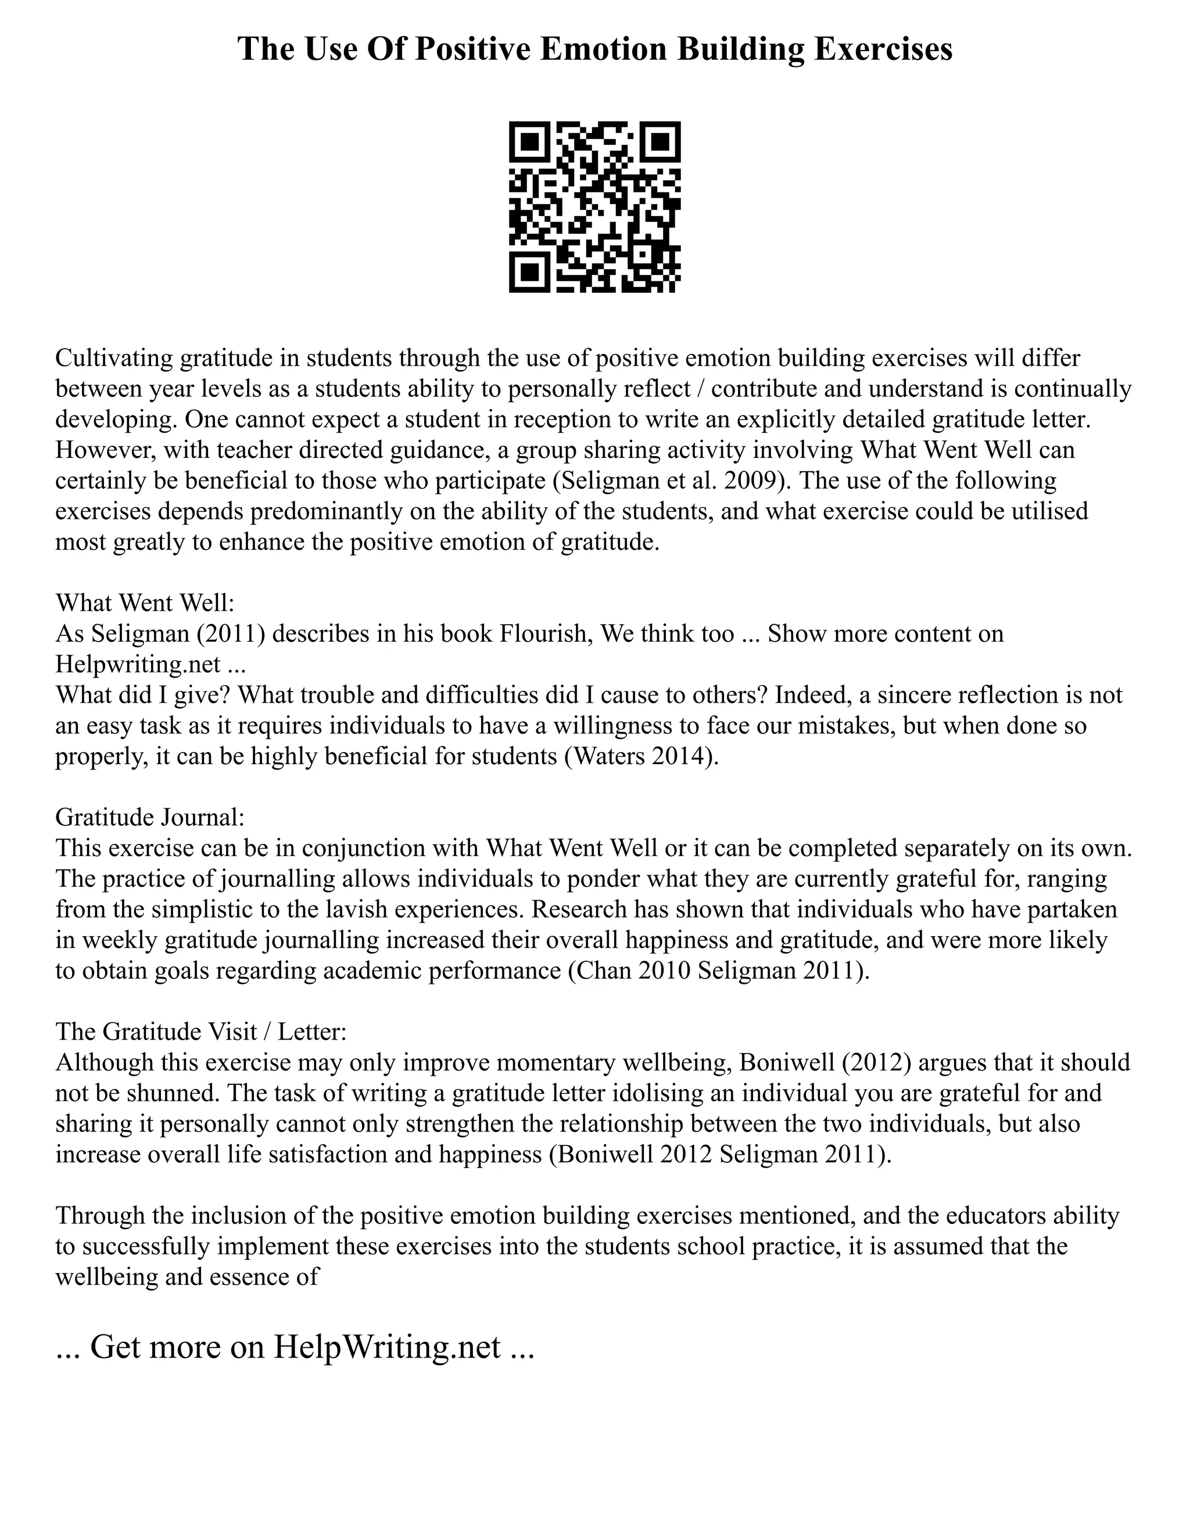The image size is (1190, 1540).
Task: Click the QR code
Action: pyautogui.click(x=594, y=207)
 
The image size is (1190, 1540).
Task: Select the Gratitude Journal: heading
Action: pyautogui.click(x=149, y=817)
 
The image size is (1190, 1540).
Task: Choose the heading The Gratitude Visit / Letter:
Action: pyautogui.click(x=201, y=1032)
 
